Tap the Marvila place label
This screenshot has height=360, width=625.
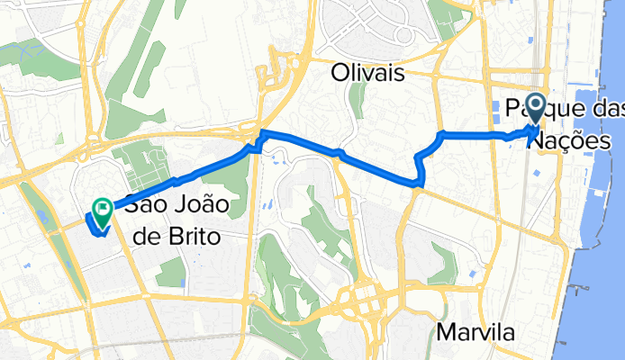point(476,332)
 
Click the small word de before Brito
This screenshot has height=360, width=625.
point(146,234)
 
